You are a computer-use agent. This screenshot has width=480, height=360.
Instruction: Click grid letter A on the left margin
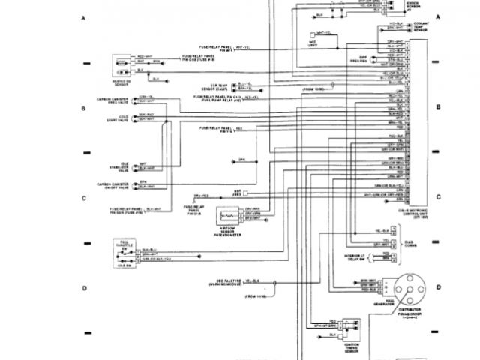click(x=83, y=16)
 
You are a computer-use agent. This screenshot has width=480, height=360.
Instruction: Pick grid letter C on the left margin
click(x=83, y=198)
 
